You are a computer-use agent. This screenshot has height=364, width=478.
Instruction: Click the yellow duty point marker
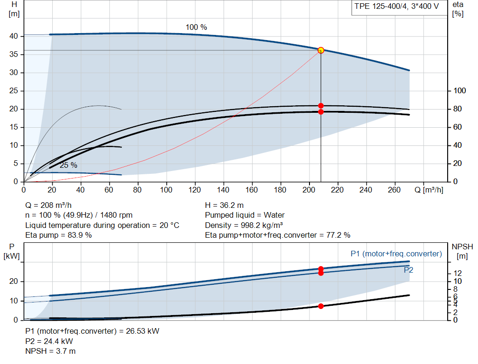[x=321, y=50]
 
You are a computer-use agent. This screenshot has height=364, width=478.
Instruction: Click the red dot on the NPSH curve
[x=321, y=306]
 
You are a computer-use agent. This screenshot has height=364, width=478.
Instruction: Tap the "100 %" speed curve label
[x=197, y=27]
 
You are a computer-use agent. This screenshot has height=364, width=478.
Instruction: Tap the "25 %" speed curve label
[x=69, y=165]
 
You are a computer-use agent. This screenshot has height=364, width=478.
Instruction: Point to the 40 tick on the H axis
[x=14, y=36]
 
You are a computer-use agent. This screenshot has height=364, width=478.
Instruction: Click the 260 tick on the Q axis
[x=394, y=190]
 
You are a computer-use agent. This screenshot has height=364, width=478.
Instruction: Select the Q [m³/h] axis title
[x=429, y=190]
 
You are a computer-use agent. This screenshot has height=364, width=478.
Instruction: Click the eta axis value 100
[x=460, y=91]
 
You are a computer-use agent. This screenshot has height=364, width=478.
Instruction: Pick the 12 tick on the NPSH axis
[x=457, y=273]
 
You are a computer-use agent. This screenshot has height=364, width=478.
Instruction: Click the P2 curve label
[x=408, y=270]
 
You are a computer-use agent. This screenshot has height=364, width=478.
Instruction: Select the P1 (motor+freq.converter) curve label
[x=396, y=254]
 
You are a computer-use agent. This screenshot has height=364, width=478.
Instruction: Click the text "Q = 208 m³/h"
[x=49, y=205]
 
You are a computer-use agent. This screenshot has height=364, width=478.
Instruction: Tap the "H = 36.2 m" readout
[x=225, y=205]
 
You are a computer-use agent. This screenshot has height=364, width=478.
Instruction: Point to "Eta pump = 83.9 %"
[x=58, y=235]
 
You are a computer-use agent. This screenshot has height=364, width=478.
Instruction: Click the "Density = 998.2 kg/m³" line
[x=244, y=225]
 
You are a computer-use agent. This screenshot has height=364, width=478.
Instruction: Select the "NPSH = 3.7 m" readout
[x=50, y=351]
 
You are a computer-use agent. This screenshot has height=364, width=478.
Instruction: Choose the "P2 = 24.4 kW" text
[x=49, y=341]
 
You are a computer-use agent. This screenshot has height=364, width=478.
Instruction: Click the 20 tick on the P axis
[x=14, y=282]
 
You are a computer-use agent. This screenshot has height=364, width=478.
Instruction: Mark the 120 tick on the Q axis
[x=195, y=190]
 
